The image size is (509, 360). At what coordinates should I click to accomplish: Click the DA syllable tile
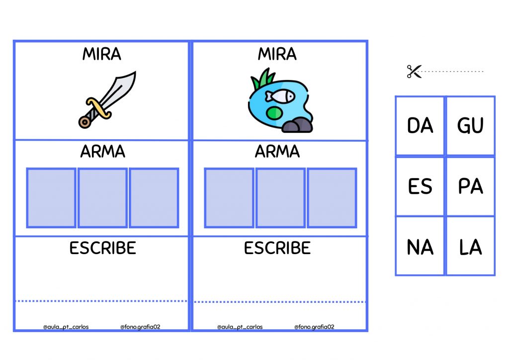coord(420,126)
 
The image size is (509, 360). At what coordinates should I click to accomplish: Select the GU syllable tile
coord(470,126)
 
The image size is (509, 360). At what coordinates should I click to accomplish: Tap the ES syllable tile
coord(420,186)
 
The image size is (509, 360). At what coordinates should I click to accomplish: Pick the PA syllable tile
coord(470,186)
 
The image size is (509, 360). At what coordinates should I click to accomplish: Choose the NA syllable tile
coord(420,247)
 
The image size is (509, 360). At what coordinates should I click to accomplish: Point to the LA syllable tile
coord(470,247)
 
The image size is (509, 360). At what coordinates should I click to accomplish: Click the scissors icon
coord(414,72)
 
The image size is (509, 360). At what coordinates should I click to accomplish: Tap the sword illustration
coord(107,99)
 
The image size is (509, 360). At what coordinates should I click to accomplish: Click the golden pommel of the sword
coord(85,122)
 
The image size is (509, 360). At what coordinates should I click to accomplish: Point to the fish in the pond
coord(279,96)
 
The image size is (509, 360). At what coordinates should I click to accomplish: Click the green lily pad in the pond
coord(274,113)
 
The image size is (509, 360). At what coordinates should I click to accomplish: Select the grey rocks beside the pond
coord(297,126)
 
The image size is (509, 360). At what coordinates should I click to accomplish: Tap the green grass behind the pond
coord(263,79)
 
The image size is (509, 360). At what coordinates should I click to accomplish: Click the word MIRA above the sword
coord(101,54)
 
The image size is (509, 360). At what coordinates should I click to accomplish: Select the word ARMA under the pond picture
coord(277,152)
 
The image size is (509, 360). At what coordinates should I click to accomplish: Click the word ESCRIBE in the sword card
coord(102,248)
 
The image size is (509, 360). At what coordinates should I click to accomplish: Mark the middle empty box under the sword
coord(102,198)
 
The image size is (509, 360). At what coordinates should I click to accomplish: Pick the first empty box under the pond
coord(229,198)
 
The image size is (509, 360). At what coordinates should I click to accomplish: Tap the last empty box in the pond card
coord(332,198)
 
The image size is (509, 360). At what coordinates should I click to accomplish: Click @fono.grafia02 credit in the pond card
coord(314,327)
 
